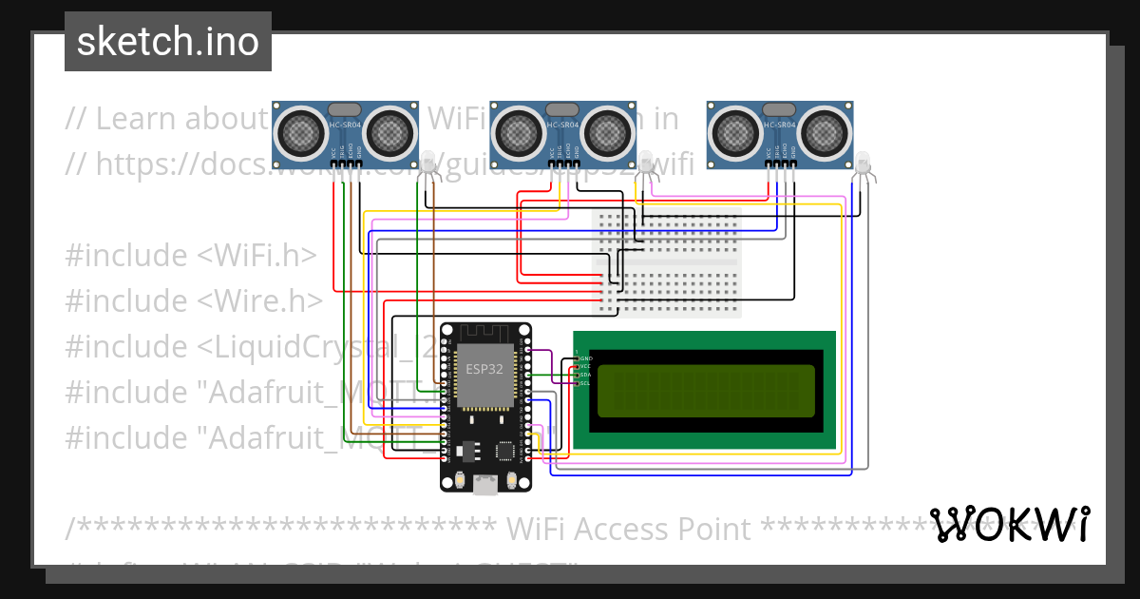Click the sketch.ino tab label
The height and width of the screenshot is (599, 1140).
click(167, 42)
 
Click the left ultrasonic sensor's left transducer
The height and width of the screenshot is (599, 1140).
click(301, 131)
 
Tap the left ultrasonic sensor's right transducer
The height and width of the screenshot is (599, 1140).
click(389, 131)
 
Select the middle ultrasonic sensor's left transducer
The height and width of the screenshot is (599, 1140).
click(519, 131)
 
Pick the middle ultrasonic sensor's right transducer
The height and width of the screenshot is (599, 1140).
click(606, 131)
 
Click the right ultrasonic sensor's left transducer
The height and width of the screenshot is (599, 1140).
click(735, 131)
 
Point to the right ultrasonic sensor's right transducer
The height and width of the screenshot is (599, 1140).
click(823, 131)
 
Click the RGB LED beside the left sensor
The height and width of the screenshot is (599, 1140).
click(428, 163)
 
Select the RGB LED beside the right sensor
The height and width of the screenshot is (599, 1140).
click(863, 163)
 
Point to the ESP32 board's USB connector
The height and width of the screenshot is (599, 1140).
click(485, 485)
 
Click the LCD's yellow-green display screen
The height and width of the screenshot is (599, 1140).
click(706, 391)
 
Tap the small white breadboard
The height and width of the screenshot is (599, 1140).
click(667, 262)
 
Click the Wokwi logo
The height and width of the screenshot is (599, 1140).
click(1010, 524)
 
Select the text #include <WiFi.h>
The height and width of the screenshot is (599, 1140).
click(191, 256)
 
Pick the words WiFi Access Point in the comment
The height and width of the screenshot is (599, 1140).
click(629, 529)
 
